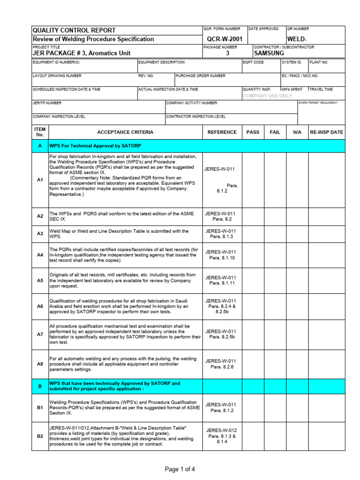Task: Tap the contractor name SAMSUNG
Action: click(x=269, y=53)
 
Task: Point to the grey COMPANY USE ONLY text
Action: click(x=268, y=96)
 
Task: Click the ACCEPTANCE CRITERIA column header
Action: click(x=125, y=132)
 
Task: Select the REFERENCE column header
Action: click(x=222, y=132)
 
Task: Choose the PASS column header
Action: click(x=253, y=132)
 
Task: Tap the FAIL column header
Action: click(x=275, y=132)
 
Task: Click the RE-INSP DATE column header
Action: click(x=327, y=132)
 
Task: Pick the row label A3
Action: click(x=40, y=233)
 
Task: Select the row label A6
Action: click(x=40, y=306)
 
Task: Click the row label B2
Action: click(x=40, y=436)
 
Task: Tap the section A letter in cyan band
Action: click(x=40, y=146)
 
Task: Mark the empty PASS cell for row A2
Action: click(x=253, y=216)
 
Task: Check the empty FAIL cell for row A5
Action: click(x=275, y=280)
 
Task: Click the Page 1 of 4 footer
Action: click(x=180, y=469)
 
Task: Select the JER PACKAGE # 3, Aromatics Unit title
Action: click(x=82, y=53)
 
